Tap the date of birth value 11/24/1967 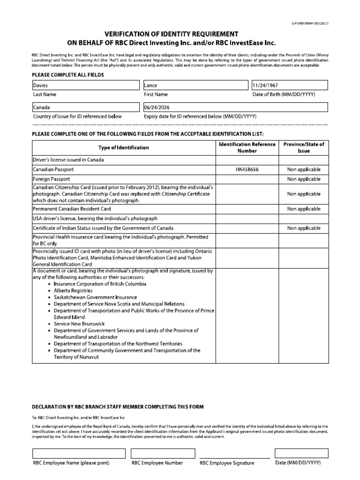pyautogui.click(x=289, y=85)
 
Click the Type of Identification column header pyautogui.click(x=123, y=148)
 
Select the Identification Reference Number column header pyautogui.click(x=247, y=148)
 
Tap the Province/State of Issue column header pyautogui.click(x=304, y=148)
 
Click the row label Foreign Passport pyautogui.click(x=52, y=179)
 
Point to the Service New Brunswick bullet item pyautogui.click(x=79, y=324)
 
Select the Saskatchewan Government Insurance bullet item pyautogui.click(x=96, y=297)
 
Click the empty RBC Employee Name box pyautogui.click(x=79, y=453)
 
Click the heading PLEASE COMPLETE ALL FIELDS pyautogui.click(x=67, y=75)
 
